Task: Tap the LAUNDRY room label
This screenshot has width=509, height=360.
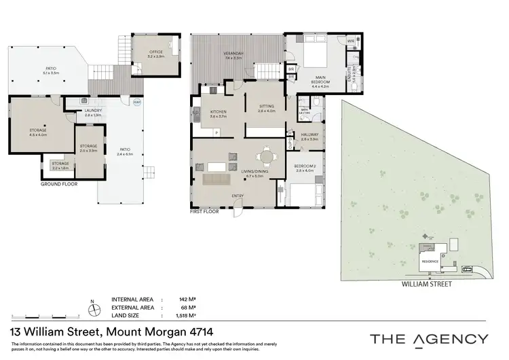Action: (x=92, y=112)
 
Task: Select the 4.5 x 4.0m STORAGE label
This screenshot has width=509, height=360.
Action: (x=37, y=130)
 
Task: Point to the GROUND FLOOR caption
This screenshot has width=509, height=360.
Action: (x=60, y=184)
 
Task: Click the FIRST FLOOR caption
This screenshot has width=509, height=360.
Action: (x=207, y=212)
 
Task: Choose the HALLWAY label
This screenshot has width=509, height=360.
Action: (x=309, y=135)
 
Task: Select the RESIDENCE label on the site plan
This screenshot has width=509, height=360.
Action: (x=430, y=262)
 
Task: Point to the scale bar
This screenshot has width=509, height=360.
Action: (x=34, y=317)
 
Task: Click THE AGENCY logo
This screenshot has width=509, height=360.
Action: (x=428, y=339)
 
